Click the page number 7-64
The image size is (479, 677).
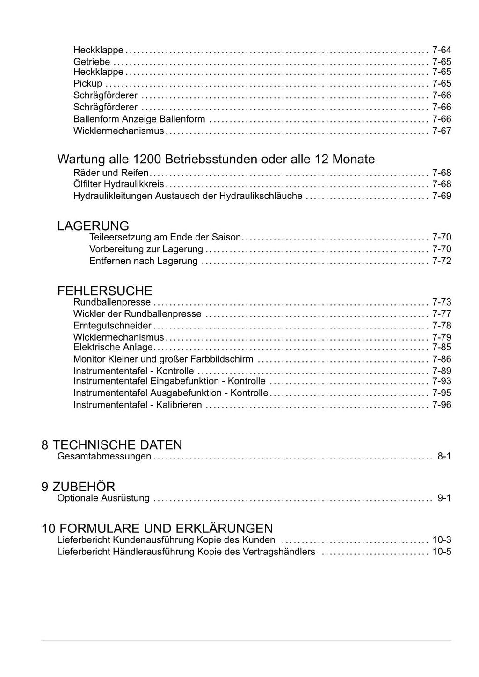click(441, 50)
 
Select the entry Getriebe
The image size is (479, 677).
click(92, 62)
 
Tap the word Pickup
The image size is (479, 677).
click(87, 84)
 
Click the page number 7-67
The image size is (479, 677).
click(441, 131)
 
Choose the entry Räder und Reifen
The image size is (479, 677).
click(111, 173)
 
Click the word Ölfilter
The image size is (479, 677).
click(87, 184)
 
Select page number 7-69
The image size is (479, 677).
click(441, 196)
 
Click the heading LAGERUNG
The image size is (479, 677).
click(93, 226)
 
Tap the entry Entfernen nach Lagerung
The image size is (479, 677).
click(144, 261)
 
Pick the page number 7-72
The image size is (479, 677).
click(441, 261)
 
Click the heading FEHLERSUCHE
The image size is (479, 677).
click(105, 291)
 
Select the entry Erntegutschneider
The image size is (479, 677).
click(112, 326)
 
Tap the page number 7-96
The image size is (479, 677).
click(441, 405)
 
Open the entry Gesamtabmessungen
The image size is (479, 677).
click(104, 456)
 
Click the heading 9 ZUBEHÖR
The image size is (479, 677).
click(78, 487)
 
